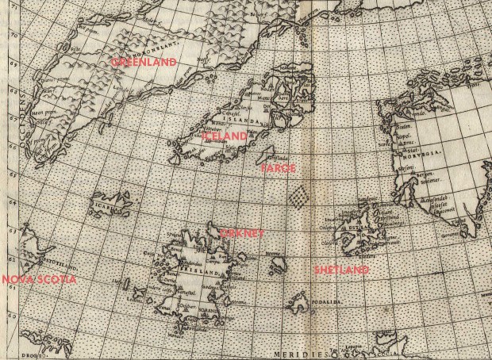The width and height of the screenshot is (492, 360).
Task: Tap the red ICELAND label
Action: coord(225,136)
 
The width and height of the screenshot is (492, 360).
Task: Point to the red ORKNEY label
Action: coord(240,233)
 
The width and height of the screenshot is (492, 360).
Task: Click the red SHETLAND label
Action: coord(341,270)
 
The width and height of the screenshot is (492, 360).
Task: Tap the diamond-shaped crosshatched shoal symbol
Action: coord(298,196)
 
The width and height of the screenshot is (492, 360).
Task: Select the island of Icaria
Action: coord(113,205)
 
